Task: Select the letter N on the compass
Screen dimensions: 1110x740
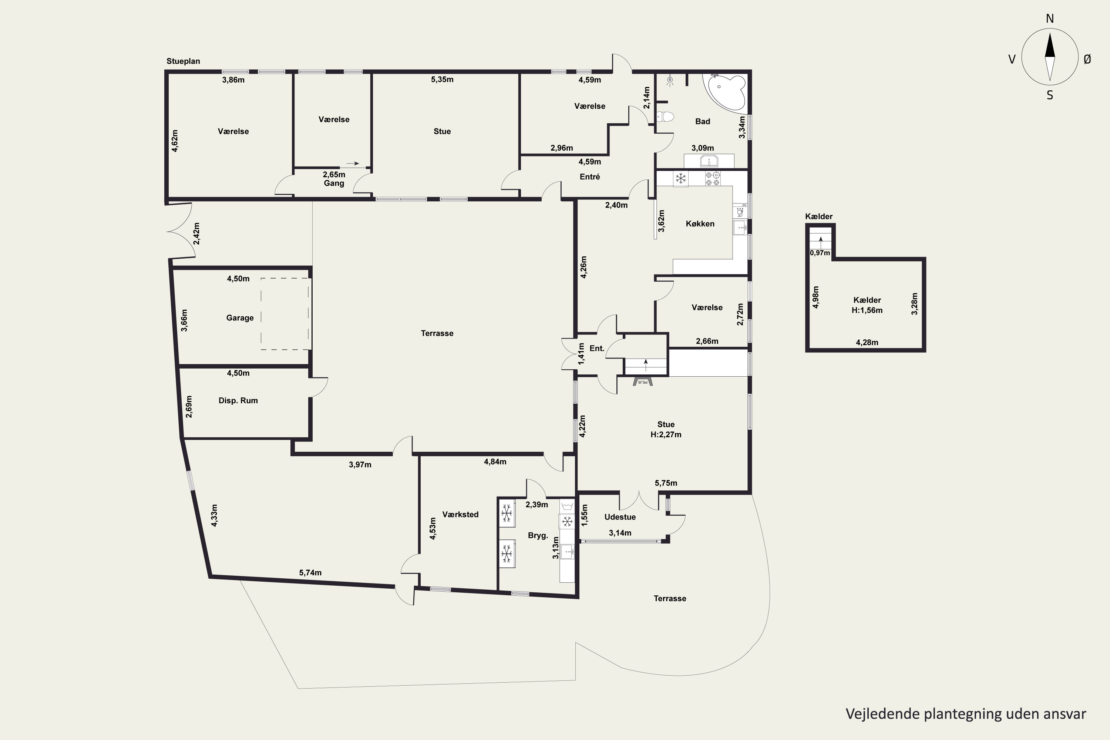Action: point(1050,18)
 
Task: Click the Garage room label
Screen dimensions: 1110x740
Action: point(240,317)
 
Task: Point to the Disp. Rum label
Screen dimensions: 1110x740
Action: point(238,400)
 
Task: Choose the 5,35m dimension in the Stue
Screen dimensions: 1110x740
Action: point(442,79)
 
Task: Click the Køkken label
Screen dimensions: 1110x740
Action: point(700,224)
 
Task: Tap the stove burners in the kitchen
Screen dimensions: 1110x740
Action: point(713,178)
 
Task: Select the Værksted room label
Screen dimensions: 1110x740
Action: point(460,514)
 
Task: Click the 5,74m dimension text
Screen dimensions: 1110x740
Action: point(310,572)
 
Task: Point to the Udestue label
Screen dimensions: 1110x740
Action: point(620,517)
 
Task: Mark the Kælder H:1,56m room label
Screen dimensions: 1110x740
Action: point(867,305)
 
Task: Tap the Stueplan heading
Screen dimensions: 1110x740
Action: point(183,61)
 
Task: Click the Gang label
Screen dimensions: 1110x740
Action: point(334,183)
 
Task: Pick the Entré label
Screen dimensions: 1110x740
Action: point(589,176)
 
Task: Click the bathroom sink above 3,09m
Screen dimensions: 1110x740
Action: point(709,161)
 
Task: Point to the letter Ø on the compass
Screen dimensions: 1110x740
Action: point(1087,59)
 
